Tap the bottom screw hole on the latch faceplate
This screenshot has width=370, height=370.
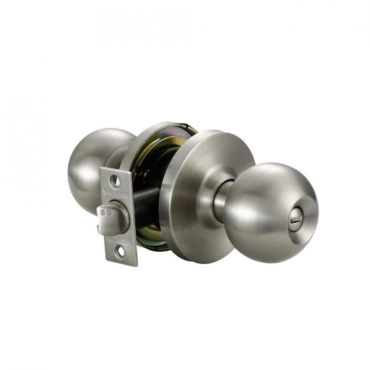click(120, 252)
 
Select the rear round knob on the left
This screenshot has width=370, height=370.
click(91, 166)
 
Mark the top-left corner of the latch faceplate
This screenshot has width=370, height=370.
click(100, 168)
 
